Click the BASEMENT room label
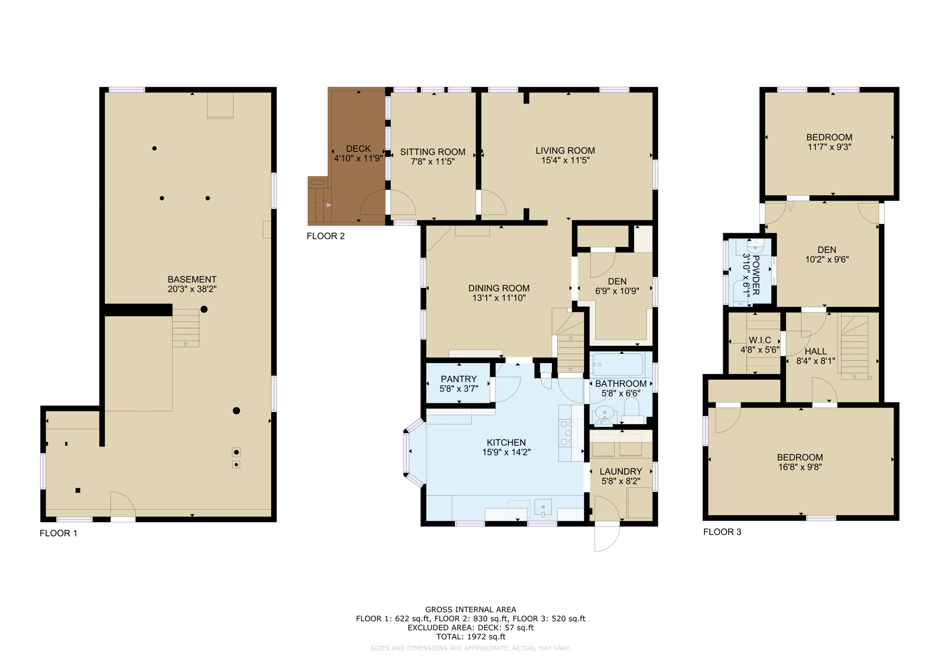pyautogui.click(x=192, y=279)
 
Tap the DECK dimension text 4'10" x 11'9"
pyautogui.click(x=358, y=159)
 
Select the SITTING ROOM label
pyautogui.click(x=432, y=152)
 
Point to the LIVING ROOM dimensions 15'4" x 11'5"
pyautogui.click(x=565, y=161)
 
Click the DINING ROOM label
pyautogui.click(x=499, y=288)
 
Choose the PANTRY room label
pyautogui.click(x=459, y=379)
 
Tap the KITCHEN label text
pyautogui.click(x=506, y=442)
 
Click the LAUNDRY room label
pyautogui.click(x=620, y=471)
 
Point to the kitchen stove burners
pyautogui.click(x=568, y=433)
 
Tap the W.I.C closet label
pyautogui.click(x=760, y=340)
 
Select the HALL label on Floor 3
pyautogui.click(x=816, y=351)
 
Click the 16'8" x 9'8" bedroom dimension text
pyautogui.click(x=800, y=467)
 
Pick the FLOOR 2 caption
pyautogui.click(x=326, y=236)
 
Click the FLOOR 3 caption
pyautogui.click(x=722, y=532)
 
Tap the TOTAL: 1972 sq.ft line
pyautogui.click(x=471, y=637)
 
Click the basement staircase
pyautogui.click(x=186, y=327)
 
